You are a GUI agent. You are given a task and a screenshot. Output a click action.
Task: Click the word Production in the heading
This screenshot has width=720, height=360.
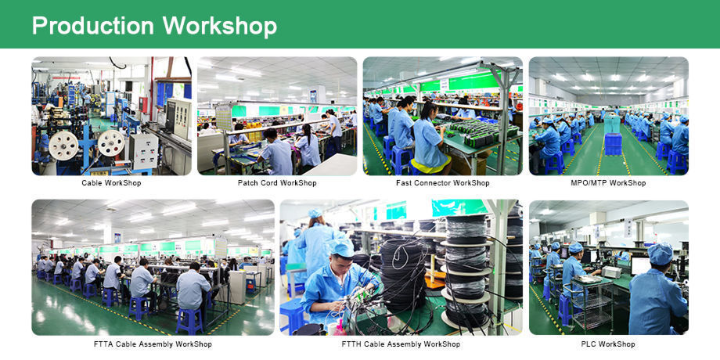(92, 26)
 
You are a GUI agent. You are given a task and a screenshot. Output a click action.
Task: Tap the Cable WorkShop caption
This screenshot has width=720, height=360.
(111, 183)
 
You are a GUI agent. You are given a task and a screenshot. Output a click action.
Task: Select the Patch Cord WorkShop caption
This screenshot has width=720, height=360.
(277, 183)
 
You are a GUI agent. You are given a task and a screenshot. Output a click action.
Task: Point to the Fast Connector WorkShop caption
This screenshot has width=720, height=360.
(443, 183)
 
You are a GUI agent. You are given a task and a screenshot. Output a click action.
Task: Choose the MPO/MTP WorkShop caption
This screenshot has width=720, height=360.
(608, 183)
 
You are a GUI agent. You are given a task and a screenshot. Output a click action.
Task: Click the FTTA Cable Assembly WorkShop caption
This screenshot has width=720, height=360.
(153, 344)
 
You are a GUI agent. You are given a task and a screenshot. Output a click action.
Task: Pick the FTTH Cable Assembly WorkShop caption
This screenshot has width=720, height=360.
(401, 344)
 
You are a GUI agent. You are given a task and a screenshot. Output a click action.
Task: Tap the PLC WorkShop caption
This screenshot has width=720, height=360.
(608, 344)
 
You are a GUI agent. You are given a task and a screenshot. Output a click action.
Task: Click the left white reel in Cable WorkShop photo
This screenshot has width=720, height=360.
(63, 146)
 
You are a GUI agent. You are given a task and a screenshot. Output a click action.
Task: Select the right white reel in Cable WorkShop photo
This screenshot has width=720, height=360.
(111, 143)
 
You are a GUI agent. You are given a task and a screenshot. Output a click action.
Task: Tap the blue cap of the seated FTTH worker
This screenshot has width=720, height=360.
(342, 248)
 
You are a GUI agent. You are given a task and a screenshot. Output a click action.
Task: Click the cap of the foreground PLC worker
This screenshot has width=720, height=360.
(661, 254)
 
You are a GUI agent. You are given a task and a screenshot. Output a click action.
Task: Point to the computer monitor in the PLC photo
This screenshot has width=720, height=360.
(640, 265)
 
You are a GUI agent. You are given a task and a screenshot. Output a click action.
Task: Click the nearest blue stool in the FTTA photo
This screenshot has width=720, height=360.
(189, 321)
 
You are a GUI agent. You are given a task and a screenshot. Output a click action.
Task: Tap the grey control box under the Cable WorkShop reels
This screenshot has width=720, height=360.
(143, 152)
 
